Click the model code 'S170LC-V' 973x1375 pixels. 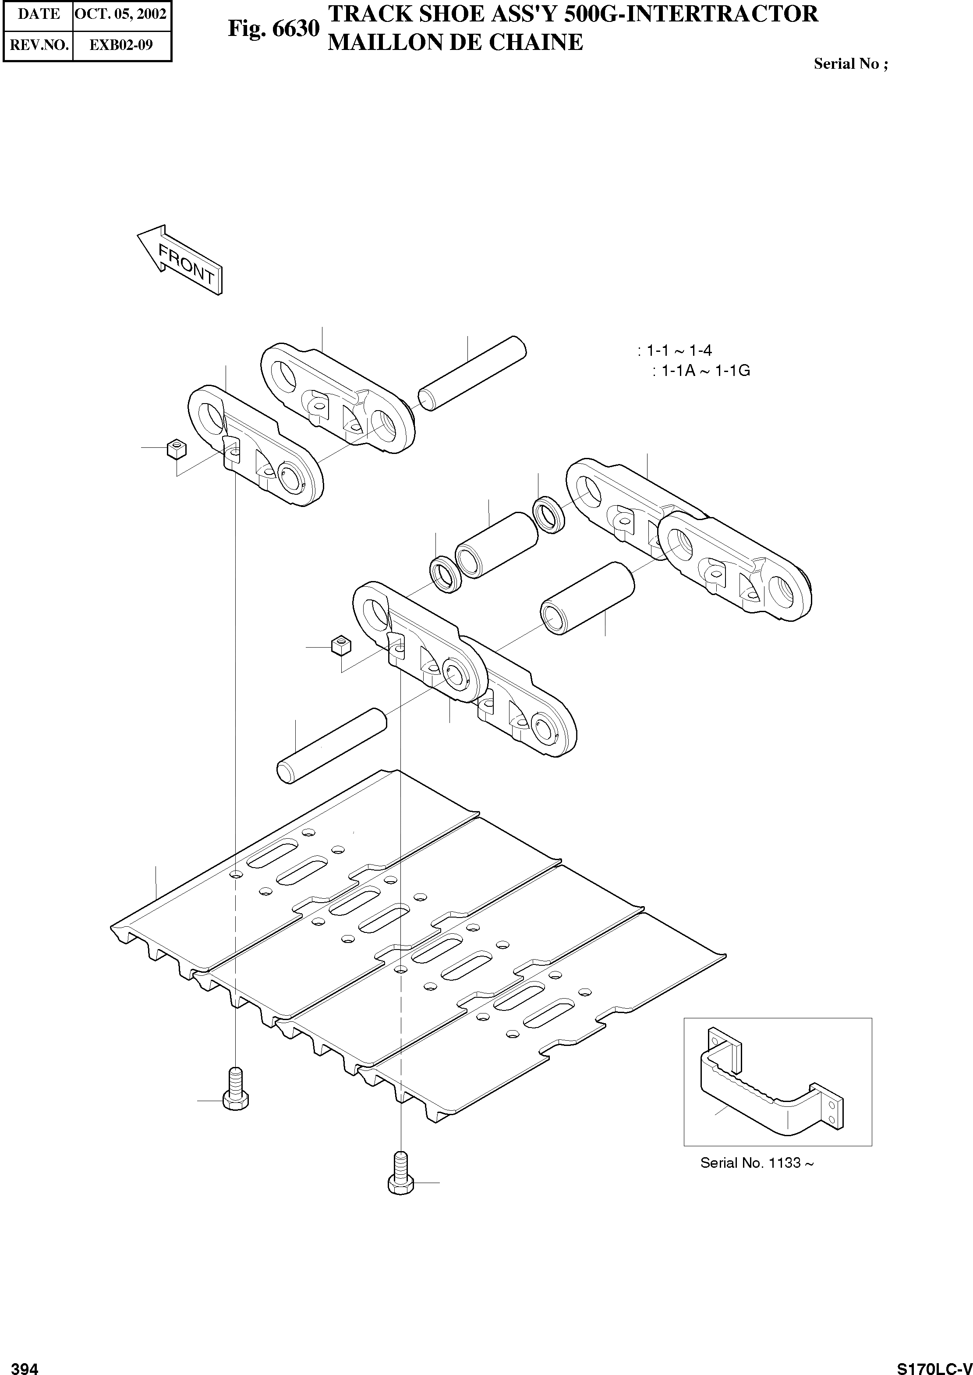coord(934,1365)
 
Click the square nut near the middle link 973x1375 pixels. coord(340,645)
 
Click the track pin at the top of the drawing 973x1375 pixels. coord(472,372)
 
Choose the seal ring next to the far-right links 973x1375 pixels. coord(548,514)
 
